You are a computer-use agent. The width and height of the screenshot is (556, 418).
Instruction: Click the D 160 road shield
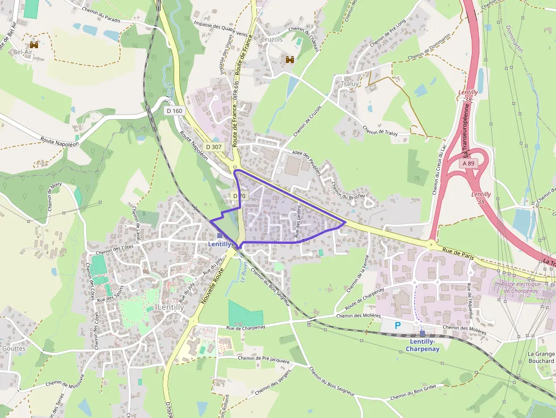click(x=174, y=111)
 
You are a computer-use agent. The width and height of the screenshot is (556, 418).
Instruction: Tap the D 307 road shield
click(x=214, y=146)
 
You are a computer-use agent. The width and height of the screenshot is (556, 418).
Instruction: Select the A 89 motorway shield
click(x=467, y=163)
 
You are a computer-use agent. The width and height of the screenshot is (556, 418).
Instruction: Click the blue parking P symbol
click(x=398, y=326)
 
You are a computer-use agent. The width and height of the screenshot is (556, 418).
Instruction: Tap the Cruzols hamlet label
click(x=272, y=40)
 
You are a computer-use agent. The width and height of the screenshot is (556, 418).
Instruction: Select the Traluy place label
click(x=350, y=83)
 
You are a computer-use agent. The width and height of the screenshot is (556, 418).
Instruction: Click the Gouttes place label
click(x=14, y=348)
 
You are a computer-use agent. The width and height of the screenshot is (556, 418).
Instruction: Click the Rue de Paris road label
click(x=458, y=253)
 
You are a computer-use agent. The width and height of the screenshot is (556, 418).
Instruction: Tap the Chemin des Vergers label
click(x=273, y=382)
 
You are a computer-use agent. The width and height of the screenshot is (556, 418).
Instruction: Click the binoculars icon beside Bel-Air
click(x=34, y=44)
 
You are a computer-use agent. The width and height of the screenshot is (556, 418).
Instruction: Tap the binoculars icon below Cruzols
click(x=290, y=60)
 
